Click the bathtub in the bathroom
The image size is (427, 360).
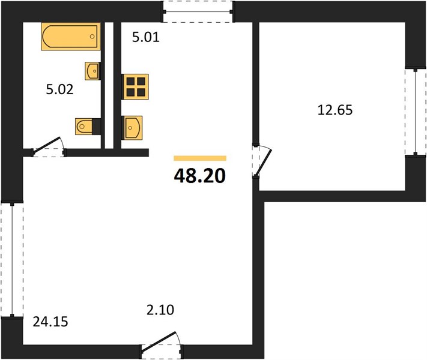pyautogui.click(x=71, y=37)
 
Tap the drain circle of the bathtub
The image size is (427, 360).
pyautogui.click(x=92, y=37)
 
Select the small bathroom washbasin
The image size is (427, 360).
pyautogui.click(x=92, y=71)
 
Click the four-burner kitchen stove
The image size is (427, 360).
pyautogui.click(x=135, y=86)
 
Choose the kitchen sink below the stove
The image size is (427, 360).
pyautogui.click(x=132, y=128)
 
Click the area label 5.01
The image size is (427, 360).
pyautogui.click(x=146, y=37)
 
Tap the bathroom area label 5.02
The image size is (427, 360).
pyautogui.click(x=59, y=89)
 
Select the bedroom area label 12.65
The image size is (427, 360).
pyautogui.click(x=335, y=110)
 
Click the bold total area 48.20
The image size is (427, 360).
pyautogui.click(x=200, y=176)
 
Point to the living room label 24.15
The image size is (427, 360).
pyautogui.click(x=50, y=322)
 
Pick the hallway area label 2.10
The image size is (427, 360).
pyautogui.click(x=160, y=310)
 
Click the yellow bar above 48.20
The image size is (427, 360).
pyautogui.click(x=200, y=158)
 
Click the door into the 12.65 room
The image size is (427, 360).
pyautogui.click(x=261, y=161)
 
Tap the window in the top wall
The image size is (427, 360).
pyautogui.click(x=198, y=11)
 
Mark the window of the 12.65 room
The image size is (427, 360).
pyautogui.click(x=416, y=112)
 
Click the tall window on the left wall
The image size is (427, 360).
pyautogui.click(x=12, y=259)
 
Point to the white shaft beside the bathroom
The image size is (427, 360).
pyautogui.click(x=109, y=85)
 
